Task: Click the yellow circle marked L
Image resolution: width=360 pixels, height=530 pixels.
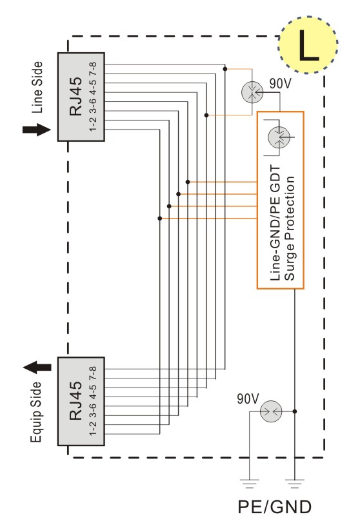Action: (308, 45)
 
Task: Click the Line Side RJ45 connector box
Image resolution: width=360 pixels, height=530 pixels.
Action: (81, 97)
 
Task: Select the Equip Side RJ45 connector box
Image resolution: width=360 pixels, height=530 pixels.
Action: (81, 401)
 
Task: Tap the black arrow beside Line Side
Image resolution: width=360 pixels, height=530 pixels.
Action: (37, 130)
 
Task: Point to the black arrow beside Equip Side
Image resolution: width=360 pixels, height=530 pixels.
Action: (37, 368)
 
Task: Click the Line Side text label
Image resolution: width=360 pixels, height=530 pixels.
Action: (37, 87)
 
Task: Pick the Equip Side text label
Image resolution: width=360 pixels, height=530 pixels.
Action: (36, 412)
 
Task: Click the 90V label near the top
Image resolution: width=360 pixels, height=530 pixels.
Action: (280, 83)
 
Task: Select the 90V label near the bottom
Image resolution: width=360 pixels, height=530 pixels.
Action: (248, 399)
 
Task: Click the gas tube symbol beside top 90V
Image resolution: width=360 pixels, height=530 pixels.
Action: (252, 92)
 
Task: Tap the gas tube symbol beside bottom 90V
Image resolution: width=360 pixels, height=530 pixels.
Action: (271, 411)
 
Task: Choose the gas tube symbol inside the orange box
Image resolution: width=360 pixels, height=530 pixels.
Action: (279, 137)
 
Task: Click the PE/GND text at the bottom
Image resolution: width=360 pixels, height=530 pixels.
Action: (274, 507)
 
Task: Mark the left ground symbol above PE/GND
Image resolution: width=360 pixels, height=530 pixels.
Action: (250, 484)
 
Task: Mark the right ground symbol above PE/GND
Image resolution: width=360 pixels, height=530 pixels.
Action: (295, 484)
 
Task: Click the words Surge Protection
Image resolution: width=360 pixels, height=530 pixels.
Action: (290, 228)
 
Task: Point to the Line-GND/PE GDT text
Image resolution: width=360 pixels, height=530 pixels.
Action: (275, 223)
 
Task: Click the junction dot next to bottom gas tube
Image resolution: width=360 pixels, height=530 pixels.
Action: (295, 411)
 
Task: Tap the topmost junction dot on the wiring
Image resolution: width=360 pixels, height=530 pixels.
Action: (225, 69)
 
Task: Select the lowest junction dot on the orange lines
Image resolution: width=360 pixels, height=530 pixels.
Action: (160, 219)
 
